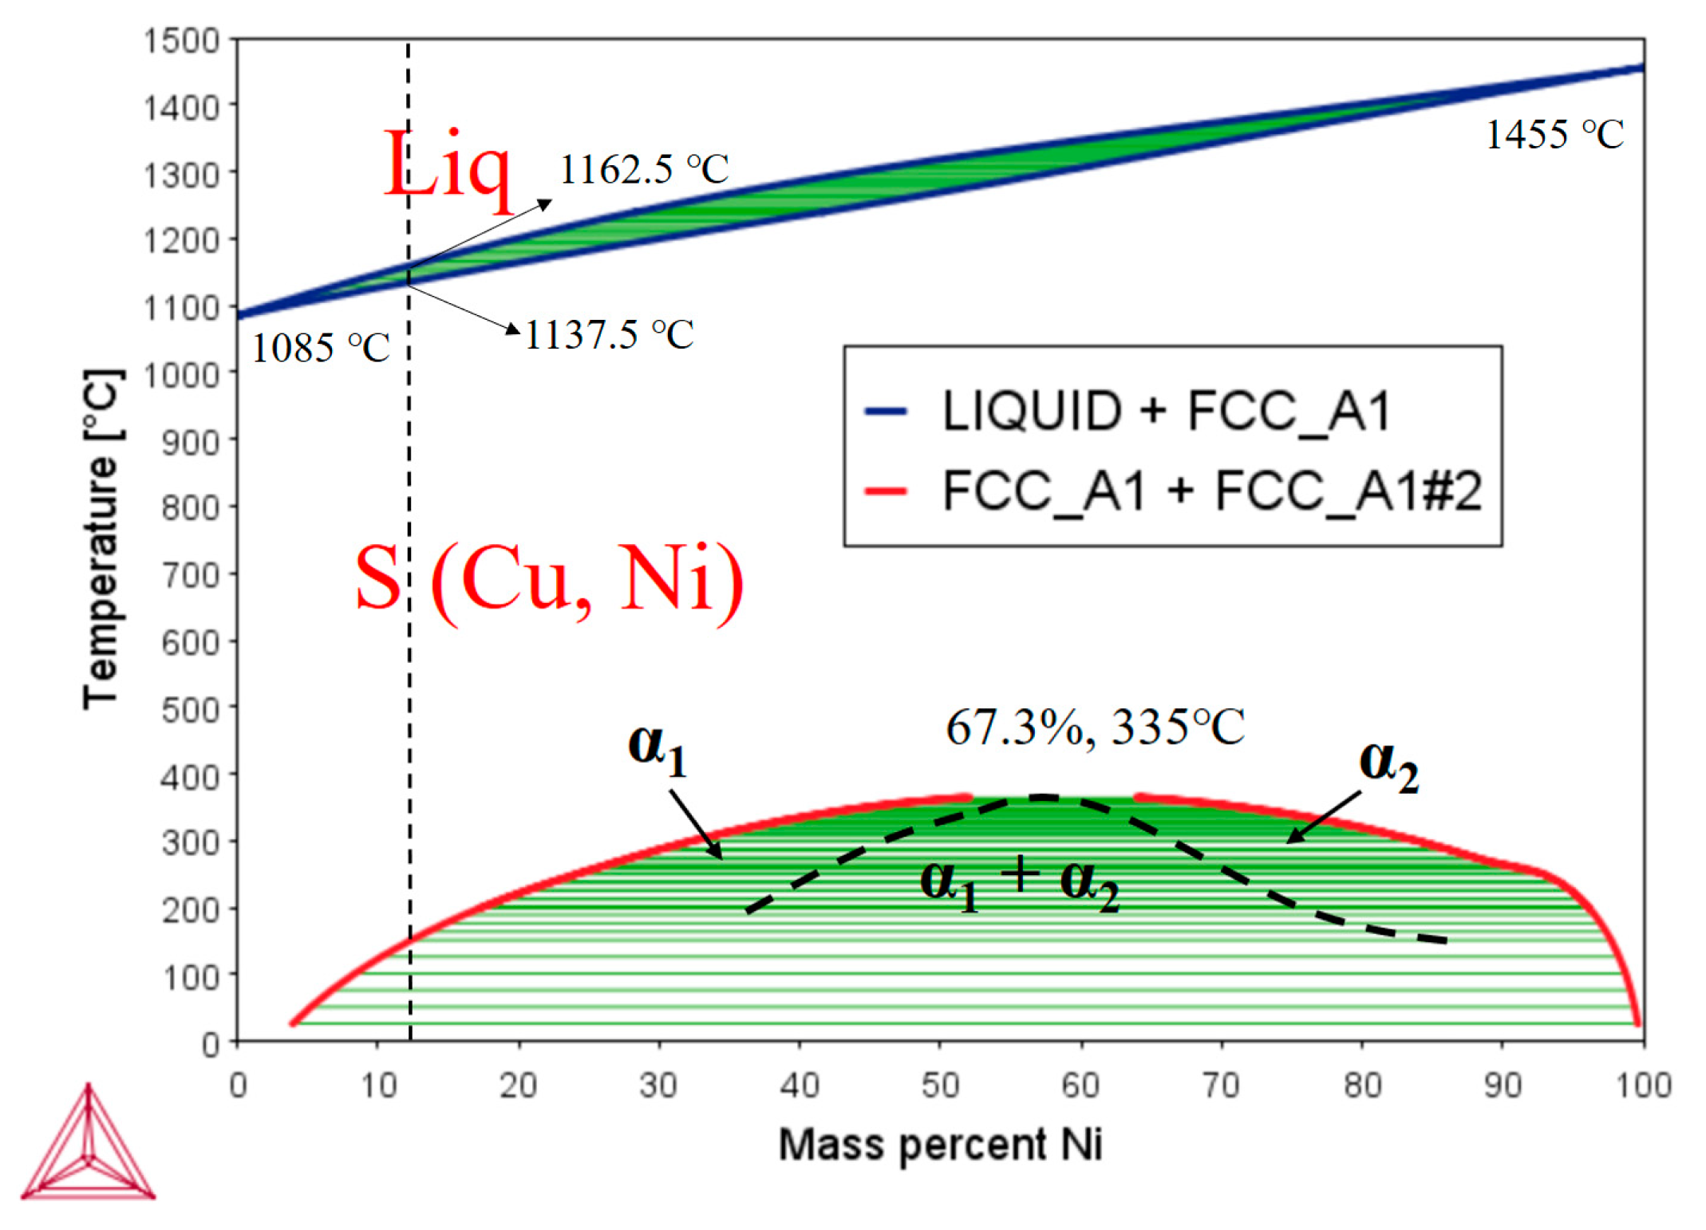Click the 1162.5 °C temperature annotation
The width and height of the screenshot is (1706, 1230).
[643, 169]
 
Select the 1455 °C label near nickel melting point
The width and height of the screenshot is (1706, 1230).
[1554, 134]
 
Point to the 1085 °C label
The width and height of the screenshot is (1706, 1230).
[321, 348]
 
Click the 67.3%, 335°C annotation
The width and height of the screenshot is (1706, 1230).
[1095, 727]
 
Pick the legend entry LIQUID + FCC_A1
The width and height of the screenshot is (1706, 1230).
[1167, 412]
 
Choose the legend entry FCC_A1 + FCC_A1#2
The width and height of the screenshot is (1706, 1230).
[1211, 490]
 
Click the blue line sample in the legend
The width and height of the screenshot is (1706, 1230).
[886, 412]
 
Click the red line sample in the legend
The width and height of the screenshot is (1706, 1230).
[886, 491]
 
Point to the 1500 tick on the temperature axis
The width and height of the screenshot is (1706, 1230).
[181, 40]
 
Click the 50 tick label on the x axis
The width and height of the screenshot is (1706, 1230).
[940, 1085]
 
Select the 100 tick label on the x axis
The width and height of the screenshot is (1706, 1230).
[1644, 1085]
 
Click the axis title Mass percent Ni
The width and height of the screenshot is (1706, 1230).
[940, 1144]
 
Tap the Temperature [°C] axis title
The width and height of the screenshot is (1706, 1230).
[102, 539]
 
